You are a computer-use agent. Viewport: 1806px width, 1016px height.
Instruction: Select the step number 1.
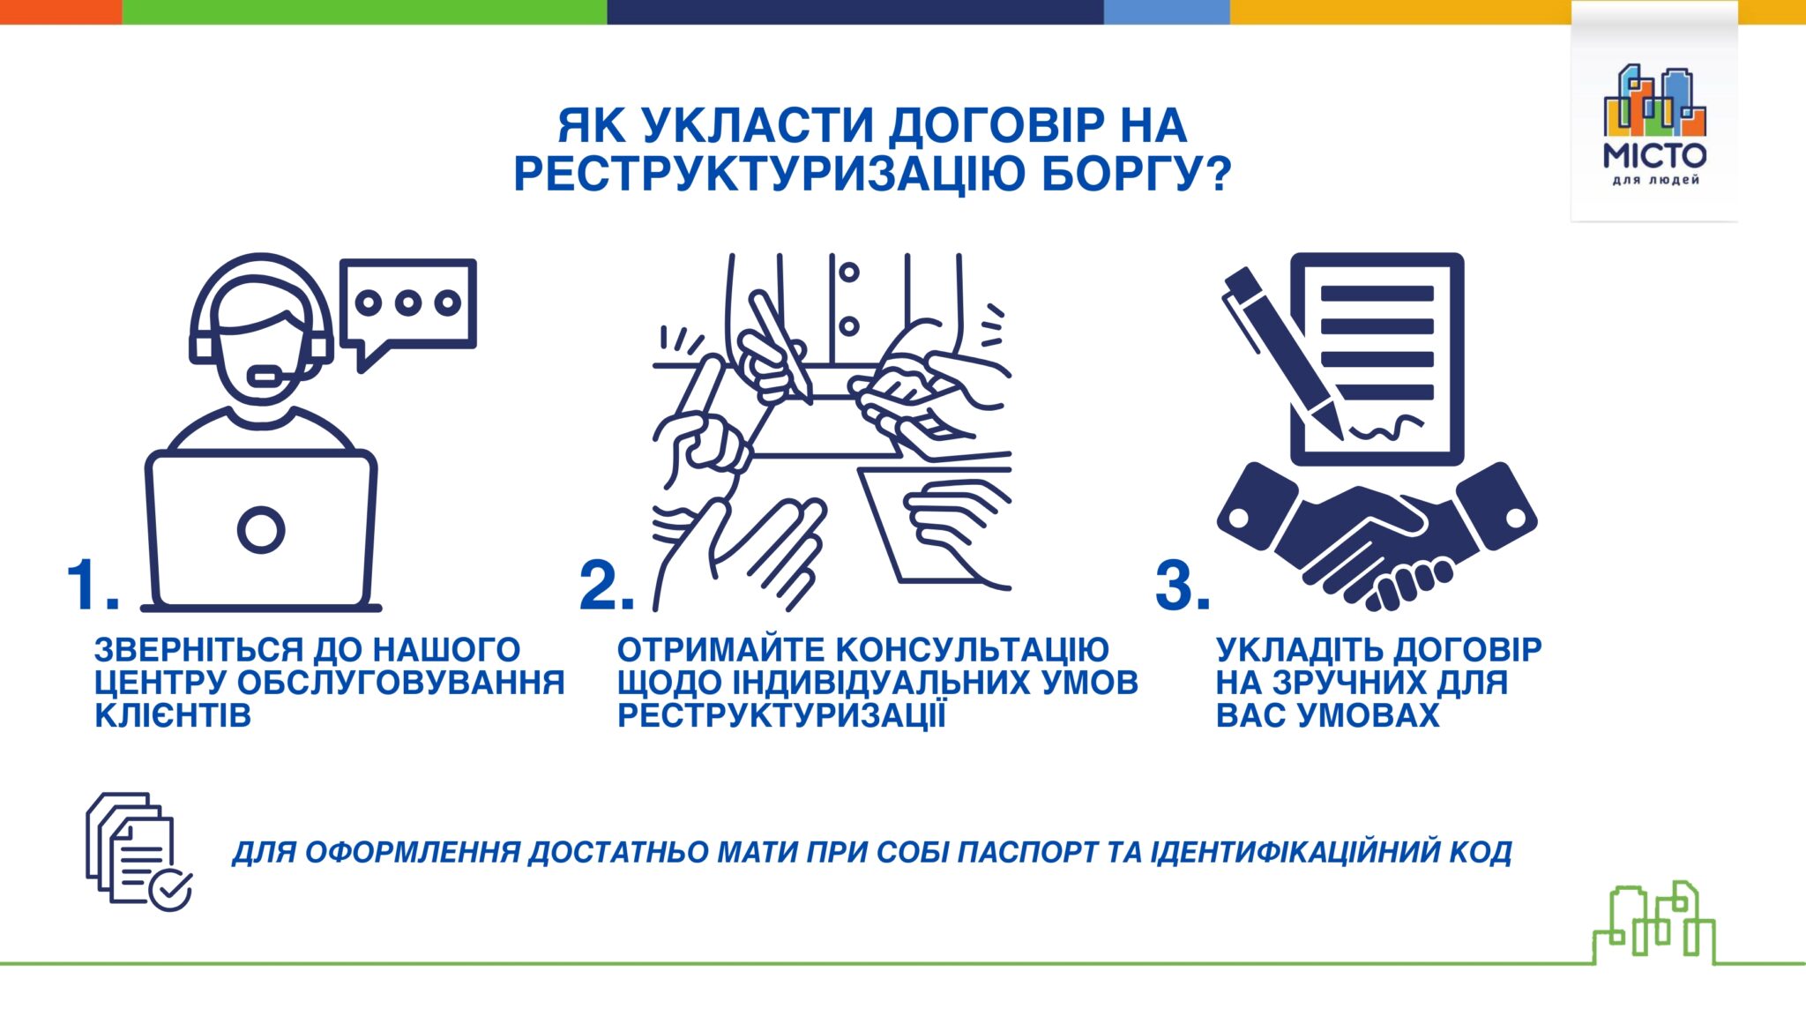click(x=93, y=584)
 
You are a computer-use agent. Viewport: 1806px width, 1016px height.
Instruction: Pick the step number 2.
click(x=607, y=584)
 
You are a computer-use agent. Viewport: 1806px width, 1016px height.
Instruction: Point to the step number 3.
click(x=1183, y=584)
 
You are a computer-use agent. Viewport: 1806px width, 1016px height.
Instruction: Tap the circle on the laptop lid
click(x=261, y=530)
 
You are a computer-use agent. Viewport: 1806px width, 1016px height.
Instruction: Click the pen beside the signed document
click(x=1284, y=352)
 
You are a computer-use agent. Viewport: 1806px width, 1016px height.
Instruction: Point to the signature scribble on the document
click(x=1386, y=428)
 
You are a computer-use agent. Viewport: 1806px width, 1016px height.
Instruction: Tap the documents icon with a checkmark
click(x=138, y=851)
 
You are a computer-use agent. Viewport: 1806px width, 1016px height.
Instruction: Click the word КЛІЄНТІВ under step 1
click(x=173, y=715)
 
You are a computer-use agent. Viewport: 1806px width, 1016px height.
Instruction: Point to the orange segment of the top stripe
click(x=61, y=11)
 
